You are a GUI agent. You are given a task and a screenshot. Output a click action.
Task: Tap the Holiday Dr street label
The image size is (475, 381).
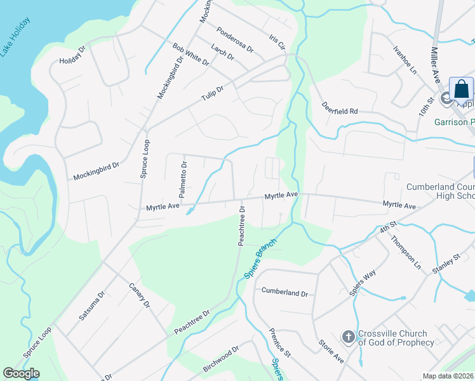pos(72,55)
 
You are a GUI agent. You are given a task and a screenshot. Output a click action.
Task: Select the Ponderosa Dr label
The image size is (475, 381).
pos(234,39)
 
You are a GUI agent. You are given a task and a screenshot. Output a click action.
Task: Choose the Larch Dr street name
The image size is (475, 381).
pos(222,53)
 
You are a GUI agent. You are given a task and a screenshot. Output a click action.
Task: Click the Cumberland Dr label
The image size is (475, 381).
pos(284,293)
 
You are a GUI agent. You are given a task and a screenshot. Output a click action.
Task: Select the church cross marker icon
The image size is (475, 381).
pos(348,336)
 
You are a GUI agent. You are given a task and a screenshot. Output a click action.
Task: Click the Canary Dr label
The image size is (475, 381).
pos(139,295)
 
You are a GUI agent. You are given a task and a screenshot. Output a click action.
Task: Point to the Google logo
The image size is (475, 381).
pos(21,373)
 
